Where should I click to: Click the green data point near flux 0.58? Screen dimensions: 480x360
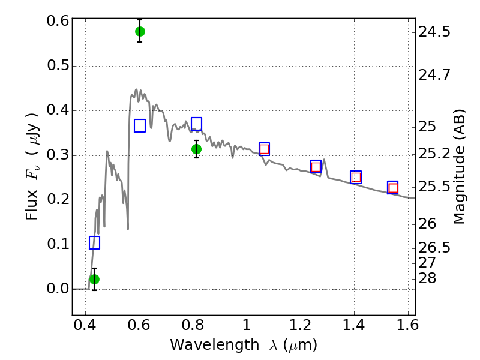click(x=140, y=31)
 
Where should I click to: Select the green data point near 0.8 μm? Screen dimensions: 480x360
click(x=197, y=149)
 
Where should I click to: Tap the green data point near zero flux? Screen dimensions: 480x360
click(x=94, y=279)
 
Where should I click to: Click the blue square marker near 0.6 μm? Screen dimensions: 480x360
click(x=140, y=125)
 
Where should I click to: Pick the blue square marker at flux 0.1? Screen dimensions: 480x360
click(x=94, y=242)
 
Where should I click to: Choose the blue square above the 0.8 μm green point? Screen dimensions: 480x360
click(x=197, y=124)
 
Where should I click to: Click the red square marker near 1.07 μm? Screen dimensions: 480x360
click(x=264, y=149)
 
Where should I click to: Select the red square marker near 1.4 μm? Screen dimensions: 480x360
click(x=356, y=177)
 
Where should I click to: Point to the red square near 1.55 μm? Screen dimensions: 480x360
click(x=393, y=188)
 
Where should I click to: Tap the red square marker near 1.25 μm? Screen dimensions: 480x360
click(x=316, y=167)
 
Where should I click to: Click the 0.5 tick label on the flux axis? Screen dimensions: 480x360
click(x=57, y=65)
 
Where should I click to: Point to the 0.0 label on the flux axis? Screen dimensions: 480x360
click(x=57, y=289)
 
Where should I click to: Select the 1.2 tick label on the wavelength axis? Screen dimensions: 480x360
click(x=301, y=325)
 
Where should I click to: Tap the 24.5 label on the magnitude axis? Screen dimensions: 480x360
click(x=434, y=32)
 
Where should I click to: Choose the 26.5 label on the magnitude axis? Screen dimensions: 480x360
click(x=434, y=247)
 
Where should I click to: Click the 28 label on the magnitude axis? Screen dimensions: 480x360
click(x=427, y=278)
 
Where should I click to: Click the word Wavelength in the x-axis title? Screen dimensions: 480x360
click(x=215, y=345)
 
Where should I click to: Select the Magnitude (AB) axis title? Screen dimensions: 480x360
click(x=458, y=167)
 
